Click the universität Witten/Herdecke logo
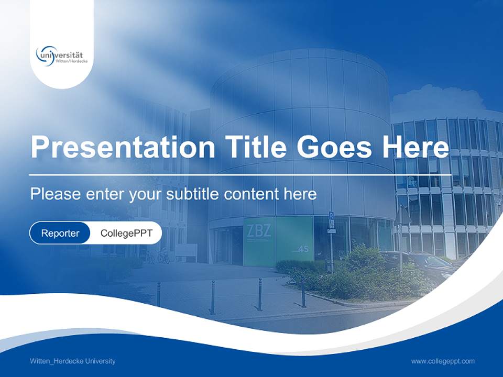pos(62,55)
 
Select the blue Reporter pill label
pos(60,233)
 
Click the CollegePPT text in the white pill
pos(126,233)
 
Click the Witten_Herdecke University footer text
pos(73,361)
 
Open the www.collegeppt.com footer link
pos(443,361)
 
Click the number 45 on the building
pos(303,249)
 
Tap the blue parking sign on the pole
pos(331,215)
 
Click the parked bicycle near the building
pos(163,257)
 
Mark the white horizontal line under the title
pos(240,174)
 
